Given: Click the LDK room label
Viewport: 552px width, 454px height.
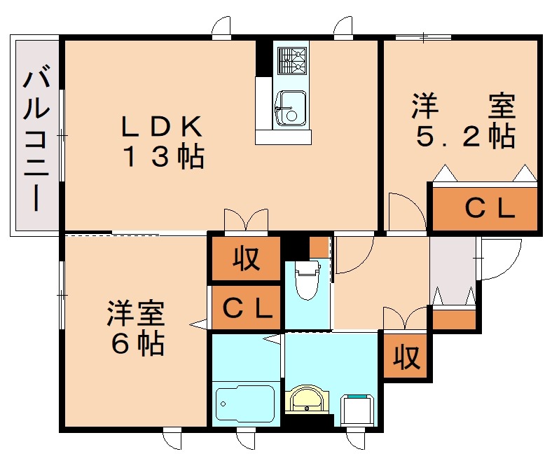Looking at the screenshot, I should pos(162,126).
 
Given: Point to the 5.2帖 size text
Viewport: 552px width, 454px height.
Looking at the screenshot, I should pos(464,136).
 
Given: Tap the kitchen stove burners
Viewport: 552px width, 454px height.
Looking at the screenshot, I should pos(291,60).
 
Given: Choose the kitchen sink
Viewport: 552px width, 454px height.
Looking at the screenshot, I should pos(290,109).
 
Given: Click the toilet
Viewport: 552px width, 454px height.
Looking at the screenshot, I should pos(307,279).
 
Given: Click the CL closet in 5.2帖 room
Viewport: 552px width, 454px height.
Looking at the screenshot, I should pos(483,207).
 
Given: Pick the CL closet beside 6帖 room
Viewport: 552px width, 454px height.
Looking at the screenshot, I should pos(247,307).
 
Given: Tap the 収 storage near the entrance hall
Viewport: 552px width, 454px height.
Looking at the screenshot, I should pos(406,357).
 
